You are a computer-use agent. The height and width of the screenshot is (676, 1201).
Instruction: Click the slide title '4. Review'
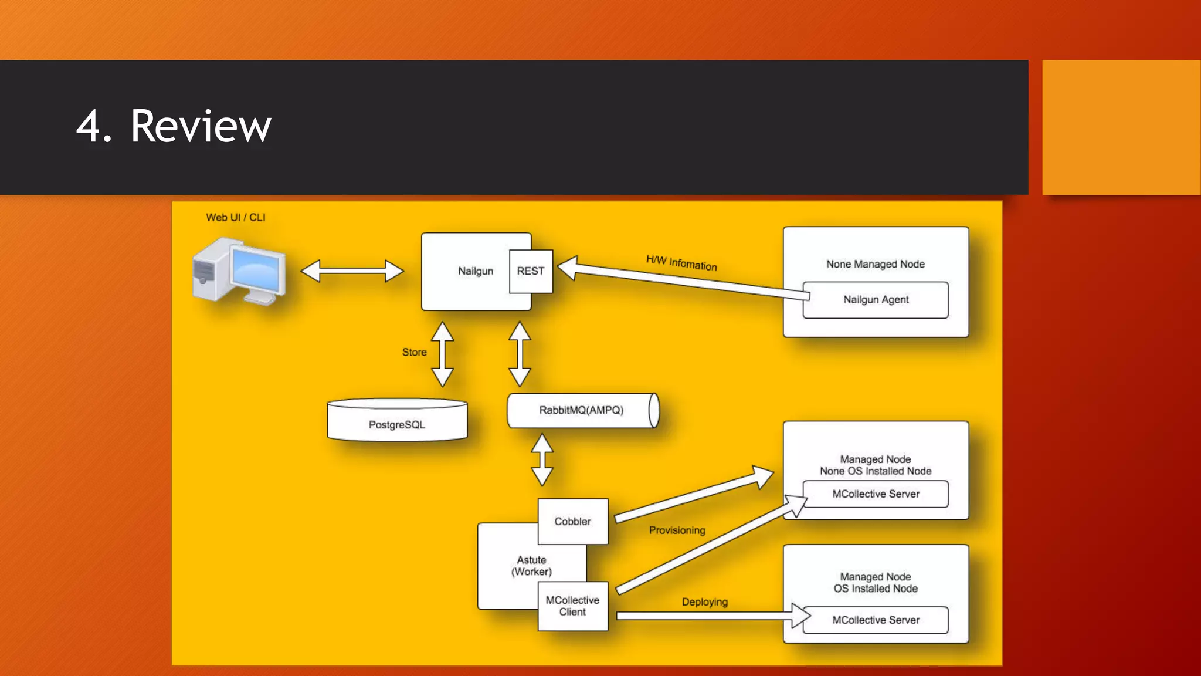point(174,126)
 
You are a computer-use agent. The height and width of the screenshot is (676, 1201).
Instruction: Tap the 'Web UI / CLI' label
point(236,218)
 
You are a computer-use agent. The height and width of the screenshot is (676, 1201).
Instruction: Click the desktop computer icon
point(239,271)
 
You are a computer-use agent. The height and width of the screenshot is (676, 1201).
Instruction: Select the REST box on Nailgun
point(531,271)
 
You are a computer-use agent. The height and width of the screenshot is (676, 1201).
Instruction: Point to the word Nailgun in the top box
point(476,271)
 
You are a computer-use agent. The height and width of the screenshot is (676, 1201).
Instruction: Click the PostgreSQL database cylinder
point(397,421)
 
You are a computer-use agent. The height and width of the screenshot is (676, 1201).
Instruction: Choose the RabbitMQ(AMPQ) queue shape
point(582,410)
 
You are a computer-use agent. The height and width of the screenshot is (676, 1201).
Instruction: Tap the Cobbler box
point(573,521)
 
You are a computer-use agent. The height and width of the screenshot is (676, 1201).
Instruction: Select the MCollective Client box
point(573,606)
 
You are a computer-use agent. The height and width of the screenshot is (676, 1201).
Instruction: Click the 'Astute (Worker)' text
point(531,566)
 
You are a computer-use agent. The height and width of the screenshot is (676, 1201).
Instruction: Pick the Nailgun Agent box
point(876,300)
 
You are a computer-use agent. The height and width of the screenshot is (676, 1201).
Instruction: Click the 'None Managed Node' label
point(876,264)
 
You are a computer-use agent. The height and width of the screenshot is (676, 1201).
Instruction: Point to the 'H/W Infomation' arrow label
point(681,263)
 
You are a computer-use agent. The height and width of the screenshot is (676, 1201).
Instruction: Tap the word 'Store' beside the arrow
point(414,352)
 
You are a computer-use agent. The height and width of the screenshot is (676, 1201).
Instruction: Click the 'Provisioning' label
point(677,530)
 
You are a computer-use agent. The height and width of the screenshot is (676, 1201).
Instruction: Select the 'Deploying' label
point(704,602)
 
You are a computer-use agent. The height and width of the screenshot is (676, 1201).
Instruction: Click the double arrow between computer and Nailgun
point(352,271)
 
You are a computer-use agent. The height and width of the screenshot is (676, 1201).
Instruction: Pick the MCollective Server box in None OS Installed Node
point(876,494)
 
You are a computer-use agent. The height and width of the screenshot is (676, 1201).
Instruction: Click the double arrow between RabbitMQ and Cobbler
point(542,459)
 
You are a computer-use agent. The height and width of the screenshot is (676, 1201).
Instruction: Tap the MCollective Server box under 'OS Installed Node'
point(876,620)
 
